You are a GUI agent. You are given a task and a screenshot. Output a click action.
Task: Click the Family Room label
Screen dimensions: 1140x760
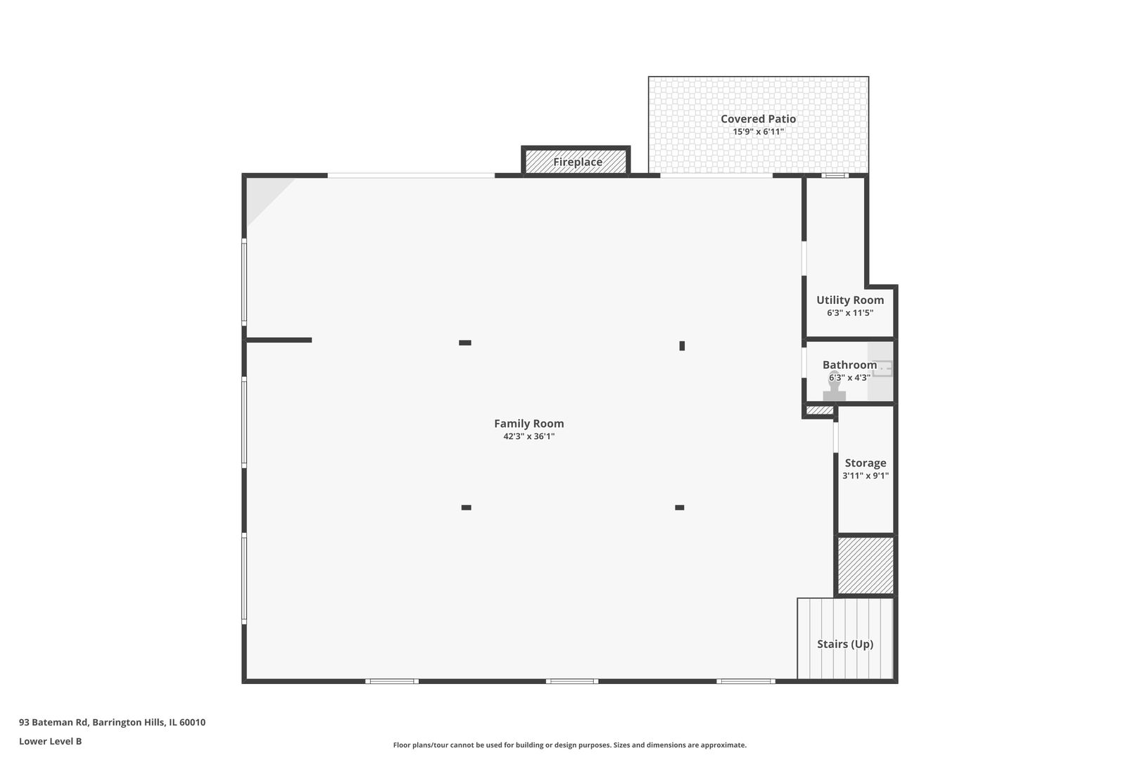point(528,424)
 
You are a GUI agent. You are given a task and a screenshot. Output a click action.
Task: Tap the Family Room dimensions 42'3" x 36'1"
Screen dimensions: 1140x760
point(528,436)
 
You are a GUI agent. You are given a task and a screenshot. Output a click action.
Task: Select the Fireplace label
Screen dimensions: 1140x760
point(578,163)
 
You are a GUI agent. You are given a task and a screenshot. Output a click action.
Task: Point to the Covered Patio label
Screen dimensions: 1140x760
point(759,119)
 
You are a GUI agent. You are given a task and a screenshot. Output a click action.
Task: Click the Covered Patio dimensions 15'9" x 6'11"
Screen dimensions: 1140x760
point(759,132)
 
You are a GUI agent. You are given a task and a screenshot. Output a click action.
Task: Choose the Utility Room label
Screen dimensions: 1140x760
point(850,300)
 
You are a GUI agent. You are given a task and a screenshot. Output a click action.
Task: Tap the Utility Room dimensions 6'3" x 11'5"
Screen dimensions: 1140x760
point(850,313)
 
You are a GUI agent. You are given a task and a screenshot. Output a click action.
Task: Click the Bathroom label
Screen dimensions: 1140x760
point(849,365)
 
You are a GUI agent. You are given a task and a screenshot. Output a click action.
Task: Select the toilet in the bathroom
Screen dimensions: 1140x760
point(834,387)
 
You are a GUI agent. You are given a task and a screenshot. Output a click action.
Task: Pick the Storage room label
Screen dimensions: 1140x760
point(865,463)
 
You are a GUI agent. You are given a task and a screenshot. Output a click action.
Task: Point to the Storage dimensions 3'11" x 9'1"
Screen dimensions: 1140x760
point(865,476)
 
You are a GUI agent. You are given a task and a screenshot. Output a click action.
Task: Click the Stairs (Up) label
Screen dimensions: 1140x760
point(845,644)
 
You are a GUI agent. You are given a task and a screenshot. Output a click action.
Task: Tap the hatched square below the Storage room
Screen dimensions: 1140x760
point(865,565)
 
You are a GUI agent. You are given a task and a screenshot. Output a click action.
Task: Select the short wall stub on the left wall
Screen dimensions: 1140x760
point(279,340)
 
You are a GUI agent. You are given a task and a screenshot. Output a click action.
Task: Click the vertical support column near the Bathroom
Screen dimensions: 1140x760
point(682,346)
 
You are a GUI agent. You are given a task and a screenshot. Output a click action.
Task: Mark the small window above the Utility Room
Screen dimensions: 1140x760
point(835,176)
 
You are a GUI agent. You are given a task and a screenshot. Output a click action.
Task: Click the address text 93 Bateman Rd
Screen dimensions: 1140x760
point(53,722)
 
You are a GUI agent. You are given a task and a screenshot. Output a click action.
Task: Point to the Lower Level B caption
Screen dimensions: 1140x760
point(51,741)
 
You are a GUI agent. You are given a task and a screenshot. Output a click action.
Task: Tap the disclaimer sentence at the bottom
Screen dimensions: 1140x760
point(569,745)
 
